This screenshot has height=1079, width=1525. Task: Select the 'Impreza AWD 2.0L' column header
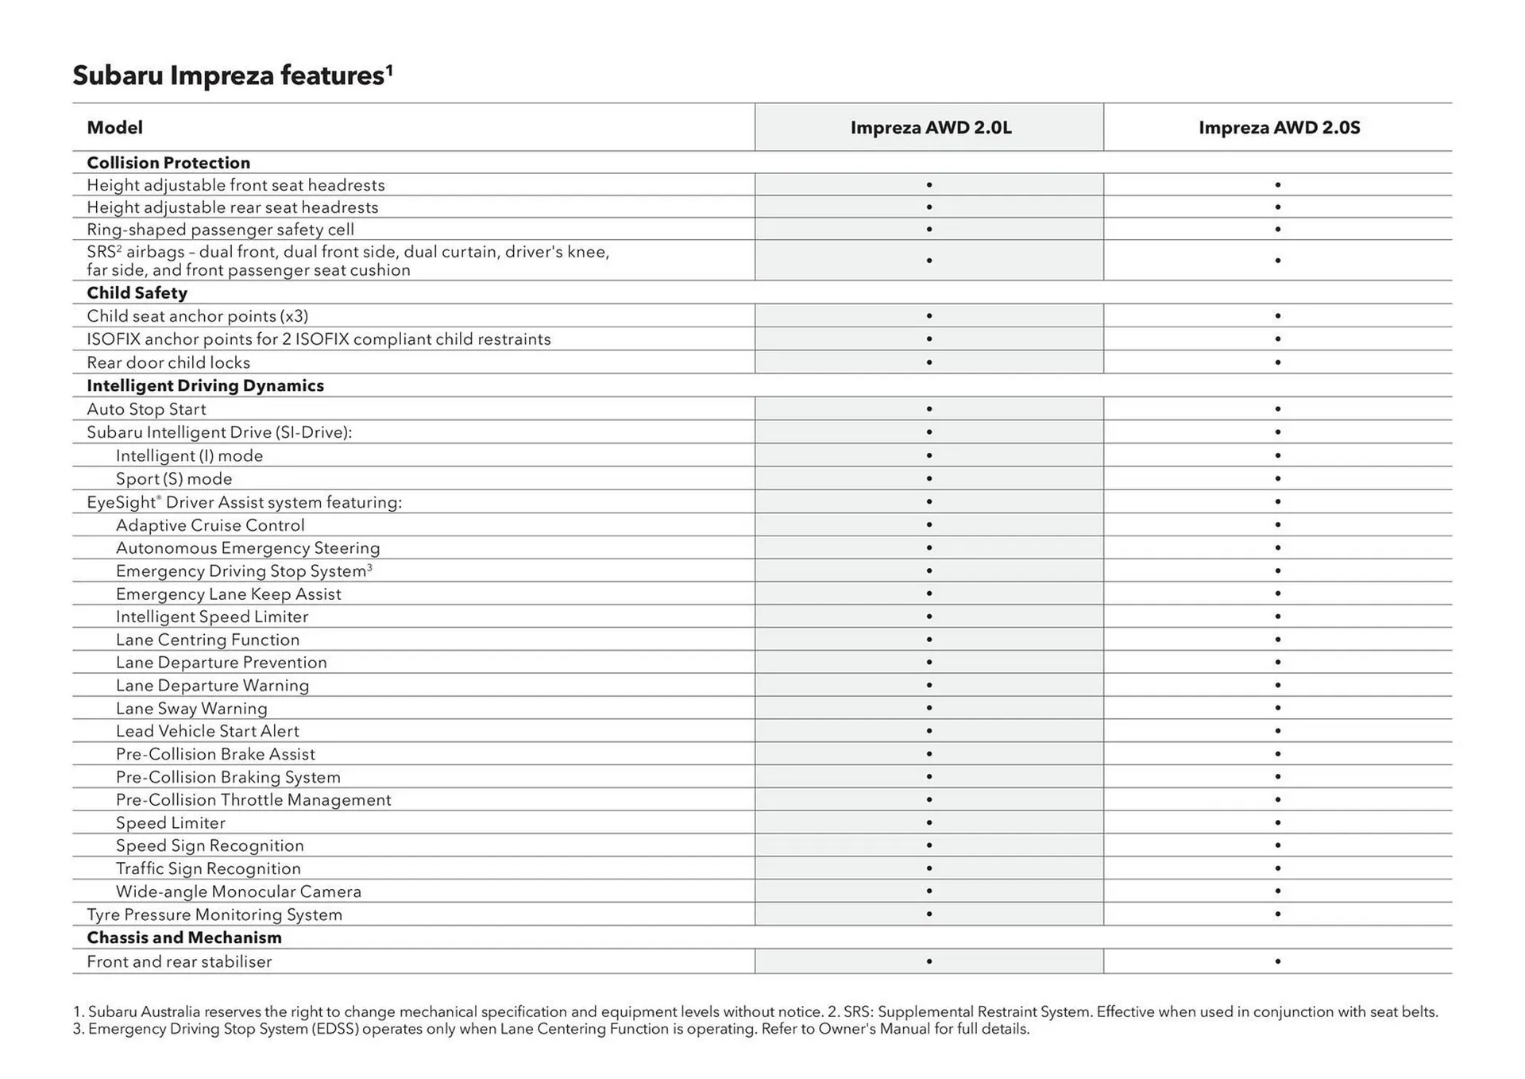coord(930,128)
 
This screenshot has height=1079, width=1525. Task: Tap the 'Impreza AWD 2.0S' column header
coord(1279,128)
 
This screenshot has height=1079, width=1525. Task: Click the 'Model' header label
coord(114,128)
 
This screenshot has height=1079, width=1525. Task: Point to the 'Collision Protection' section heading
coord(168,163)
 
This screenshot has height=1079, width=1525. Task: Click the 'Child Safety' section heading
coord(137,293)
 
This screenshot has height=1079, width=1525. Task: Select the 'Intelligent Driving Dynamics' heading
coord(205,386)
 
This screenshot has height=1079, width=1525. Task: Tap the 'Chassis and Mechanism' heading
coord(184,938)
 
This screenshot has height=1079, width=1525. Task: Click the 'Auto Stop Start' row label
coord(146,409)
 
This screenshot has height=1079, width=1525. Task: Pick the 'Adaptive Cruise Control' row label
coord(210,525)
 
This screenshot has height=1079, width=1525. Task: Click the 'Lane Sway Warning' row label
coord(191,709)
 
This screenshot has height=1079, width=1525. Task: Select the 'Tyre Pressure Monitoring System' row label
coord(214,915)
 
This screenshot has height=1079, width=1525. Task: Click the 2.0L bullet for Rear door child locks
coord(929,362)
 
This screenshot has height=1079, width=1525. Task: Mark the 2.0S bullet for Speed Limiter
coord(1278,823)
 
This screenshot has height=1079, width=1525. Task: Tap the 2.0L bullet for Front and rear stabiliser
coord(929,961)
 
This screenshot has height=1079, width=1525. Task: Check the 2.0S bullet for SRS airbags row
coord(1278,261)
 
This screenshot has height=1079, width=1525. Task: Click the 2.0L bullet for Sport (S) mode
coord(929,479)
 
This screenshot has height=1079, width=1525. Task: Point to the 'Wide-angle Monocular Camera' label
coord(238,891)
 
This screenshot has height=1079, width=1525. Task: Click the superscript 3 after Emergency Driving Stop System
coord(370,567)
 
